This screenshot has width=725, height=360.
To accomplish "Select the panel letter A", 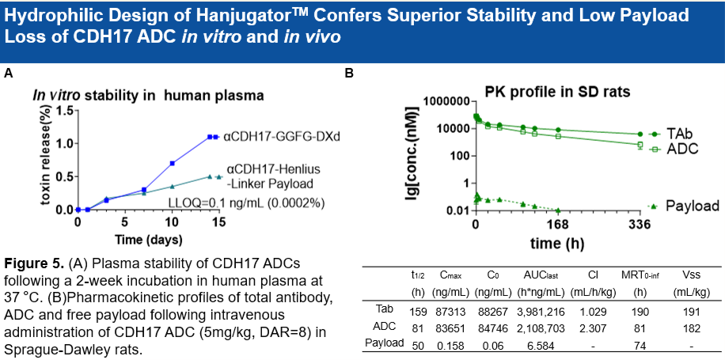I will pyautogui.click(x=9, y=74).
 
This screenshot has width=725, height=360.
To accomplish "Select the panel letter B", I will pyautogui.click(x=350, y=74).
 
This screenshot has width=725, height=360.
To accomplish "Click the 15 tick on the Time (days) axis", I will pyautogui.click(x=221, y=222).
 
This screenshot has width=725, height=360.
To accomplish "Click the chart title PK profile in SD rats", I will pyautogui.click(x=557, y=91).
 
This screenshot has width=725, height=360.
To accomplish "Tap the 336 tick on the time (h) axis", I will pyautogui.click(x=639, y=225).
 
